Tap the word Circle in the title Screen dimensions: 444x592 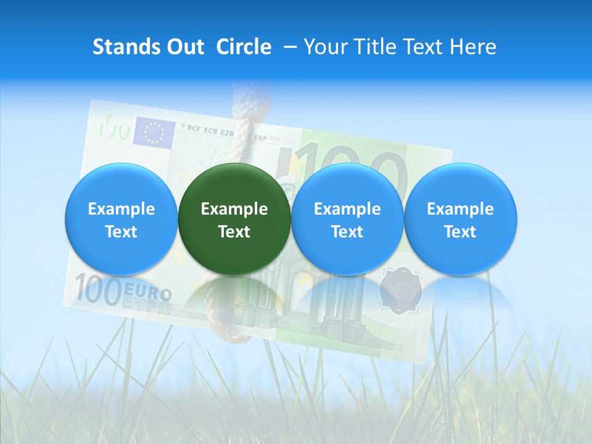[x=244, y=47]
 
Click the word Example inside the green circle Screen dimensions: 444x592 [x=234, y=209]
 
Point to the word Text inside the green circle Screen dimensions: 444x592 [x=234, y=232]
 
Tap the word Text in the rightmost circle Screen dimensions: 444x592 [x=460, y=232]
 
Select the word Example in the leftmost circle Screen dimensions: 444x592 [x=121, y=209]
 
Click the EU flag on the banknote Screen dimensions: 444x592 [x=154, y=131]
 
